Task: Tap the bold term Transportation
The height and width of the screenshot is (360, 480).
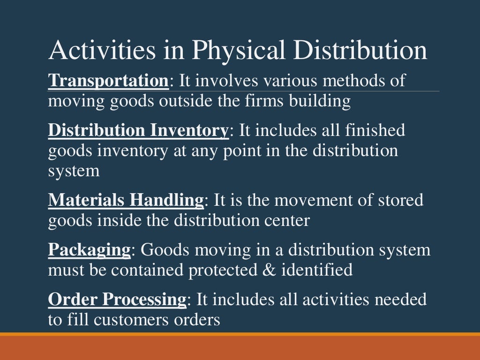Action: (x=108, y=81)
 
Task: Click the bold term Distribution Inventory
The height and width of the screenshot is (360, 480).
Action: (x=138, y=130)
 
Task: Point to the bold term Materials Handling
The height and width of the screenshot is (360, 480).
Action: (x=126, y=200)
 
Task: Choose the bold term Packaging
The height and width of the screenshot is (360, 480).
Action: (x=89, y=250)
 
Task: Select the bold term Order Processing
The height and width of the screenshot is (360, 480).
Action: (x=117, y=300)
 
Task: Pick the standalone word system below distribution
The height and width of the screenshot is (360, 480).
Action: (x=74, y=171)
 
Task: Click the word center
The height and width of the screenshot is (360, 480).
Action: (x=288, y=220)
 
